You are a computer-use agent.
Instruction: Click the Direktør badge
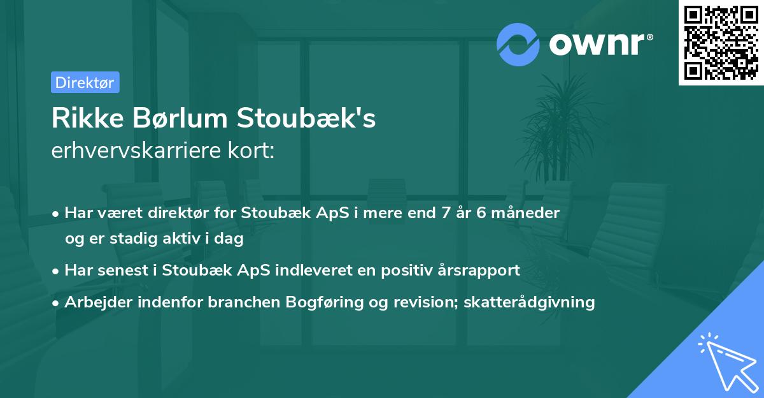(x=85, y=82)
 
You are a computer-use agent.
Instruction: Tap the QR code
(x=721, y=42)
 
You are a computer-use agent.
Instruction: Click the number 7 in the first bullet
(x=436, y=213)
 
